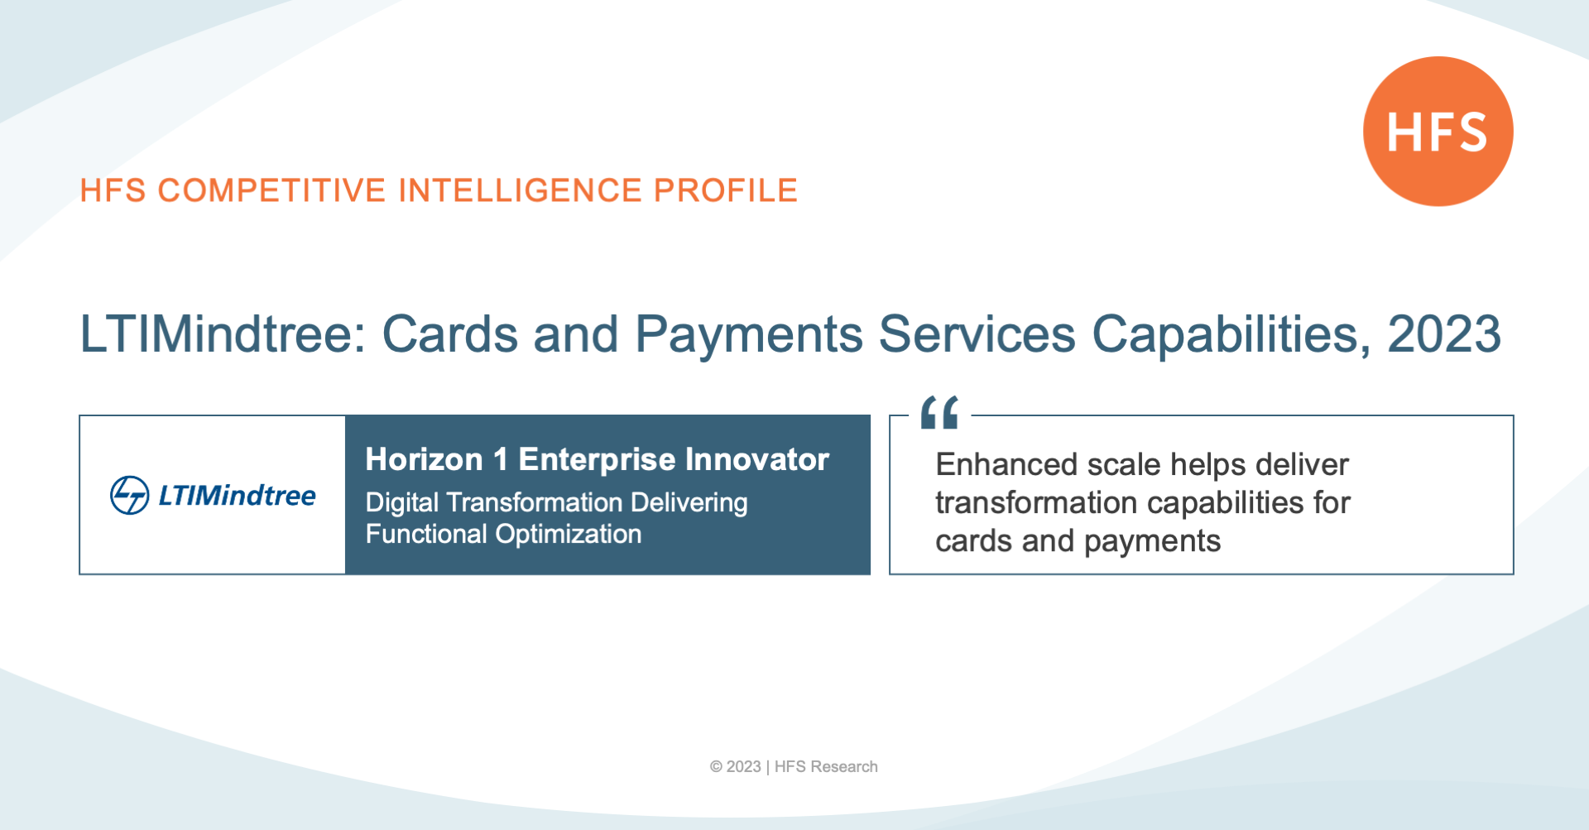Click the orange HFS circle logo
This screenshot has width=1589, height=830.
click(1438, 131)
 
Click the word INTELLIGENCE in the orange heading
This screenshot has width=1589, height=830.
click(520, 190)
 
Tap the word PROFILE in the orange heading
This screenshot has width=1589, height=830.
click(725, 190)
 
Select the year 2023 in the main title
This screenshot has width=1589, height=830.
click(1444, 334)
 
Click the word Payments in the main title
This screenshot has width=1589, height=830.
click(749, 335)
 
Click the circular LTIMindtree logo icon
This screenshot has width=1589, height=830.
click(130, 495)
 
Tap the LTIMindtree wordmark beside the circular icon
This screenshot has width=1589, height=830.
click(237, 495)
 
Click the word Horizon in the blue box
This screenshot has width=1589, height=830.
click(424, 459)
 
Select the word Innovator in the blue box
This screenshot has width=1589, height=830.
click(756, 459)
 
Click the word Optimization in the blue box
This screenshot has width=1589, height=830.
click(568, 535)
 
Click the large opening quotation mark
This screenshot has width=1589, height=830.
click(939, 412)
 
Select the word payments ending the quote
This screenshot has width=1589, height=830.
click(1152, 542)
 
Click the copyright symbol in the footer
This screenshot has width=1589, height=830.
click(716, 767)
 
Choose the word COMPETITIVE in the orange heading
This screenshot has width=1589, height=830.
click(271, 190)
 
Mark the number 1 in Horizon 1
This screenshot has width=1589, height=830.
click(501, 459)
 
